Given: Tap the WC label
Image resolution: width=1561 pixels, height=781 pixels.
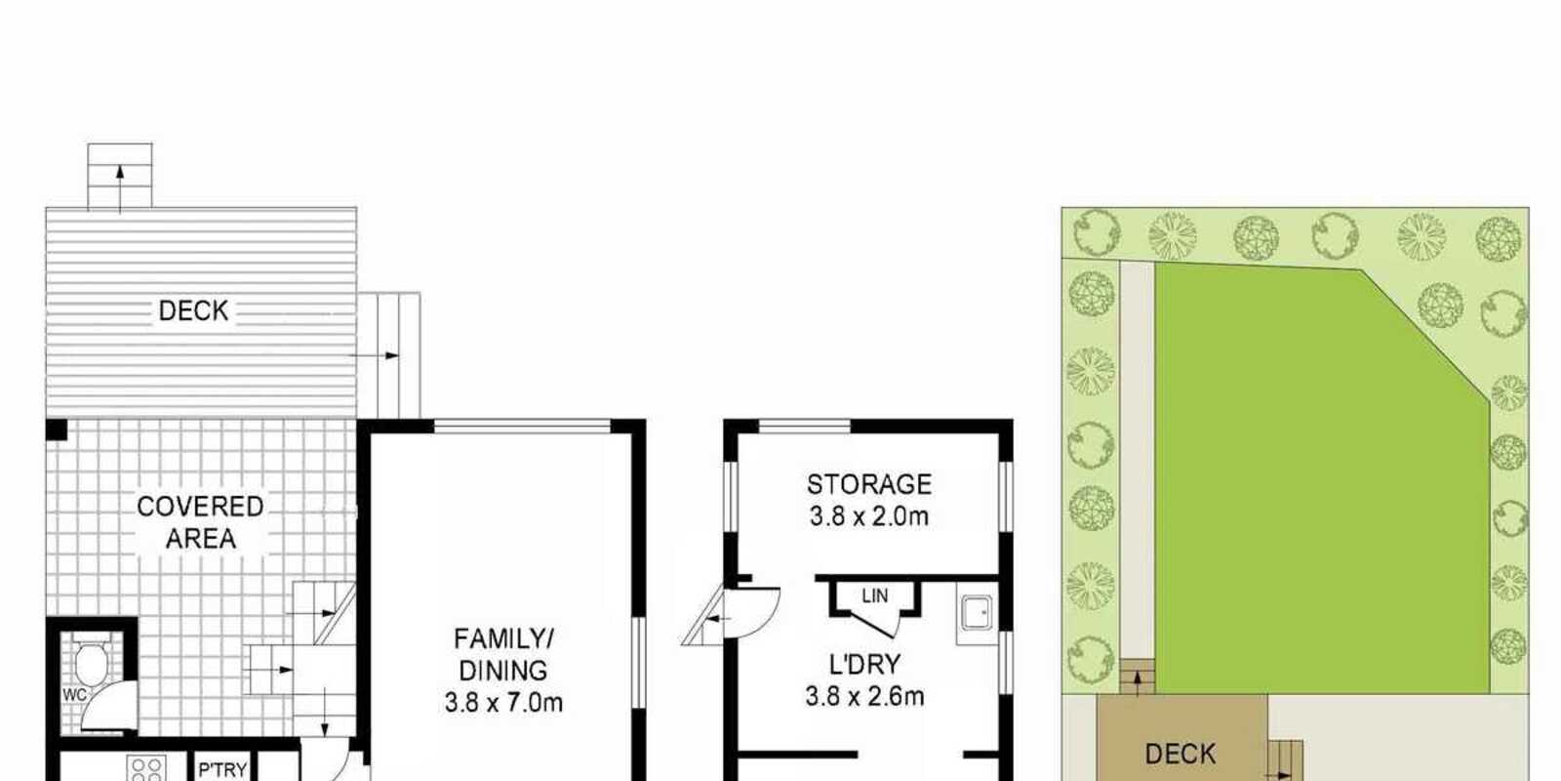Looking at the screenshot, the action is pos(74,695).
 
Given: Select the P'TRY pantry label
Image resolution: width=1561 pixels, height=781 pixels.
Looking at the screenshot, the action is pos(223,770).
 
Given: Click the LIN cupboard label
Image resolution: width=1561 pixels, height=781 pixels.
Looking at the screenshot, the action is pos(874,596).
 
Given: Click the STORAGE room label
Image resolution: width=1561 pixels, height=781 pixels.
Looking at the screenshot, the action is pos(869,484).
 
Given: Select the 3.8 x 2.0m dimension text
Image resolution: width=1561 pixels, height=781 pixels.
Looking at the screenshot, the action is pos(869,516).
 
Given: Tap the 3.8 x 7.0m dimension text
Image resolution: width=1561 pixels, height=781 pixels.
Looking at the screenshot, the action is pos(503,702).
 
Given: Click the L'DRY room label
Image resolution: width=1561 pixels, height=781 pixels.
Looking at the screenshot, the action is pos(864,665).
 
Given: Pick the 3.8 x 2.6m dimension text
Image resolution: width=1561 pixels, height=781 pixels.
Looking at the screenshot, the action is pos(864,697).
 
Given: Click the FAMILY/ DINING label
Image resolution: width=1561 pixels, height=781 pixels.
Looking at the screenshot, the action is pos(503,654).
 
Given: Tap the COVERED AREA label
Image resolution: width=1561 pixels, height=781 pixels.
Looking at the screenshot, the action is pos(201,522).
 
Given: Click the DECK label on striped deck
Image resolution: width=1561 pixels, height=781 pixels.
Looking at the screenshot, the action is pos(194,310).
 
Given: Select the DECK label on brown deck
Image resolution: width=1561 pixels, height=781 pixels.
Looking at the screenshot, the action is pos(1181,754).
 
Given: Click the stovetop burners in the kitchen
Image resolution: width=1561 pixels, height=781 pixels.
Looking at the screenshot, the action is pos(146,767).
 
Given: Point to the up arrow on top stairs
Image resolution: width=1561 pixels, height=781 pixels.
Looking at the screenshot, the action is pos(120,188).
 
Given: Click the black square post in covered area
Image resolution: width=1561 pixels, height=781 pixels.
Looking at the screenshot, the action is pos(57,430).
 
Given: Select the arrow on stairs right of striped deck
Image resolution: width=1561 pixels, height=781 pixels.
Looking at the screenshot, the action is pos(374,355).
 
